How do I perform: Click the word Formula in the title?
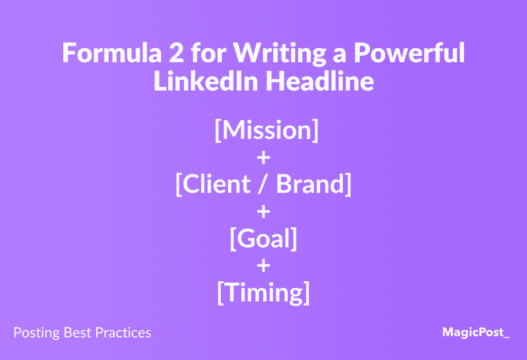click(x=112, y=53)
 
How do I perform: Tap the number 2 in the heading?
click(x=177, y=52)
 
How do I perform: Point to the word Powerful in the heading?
click(x=409, y=53)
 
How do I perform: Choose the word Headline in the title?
click(x=320, y=81)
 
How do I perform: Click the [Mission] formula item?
click(x=267, y=130)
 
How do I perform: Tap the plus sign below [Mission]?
click(x=263, y=157)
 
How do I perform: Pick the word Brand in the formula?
click(x=310, y=184)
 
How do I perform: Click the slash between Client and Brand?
click(x=263, y=184)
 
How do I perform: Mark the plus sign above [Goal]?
click(x=263, y=212)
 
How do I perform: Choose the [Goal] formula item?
click(x=263, y=239)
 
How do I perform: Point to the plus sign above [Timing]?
click(x=263, y=266)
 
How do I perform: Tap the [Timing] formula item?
click(x=263, y=293)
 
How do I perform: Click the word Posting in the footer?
click(x=37, y=333)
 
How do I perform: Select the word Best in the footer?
click(x=78, y=332)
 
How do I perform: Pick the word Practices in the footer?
click(x=124, y=332)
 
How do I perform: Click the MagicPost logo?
click(x=476, y=332)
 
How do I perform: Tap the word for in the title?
click(x=209, y=52)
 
